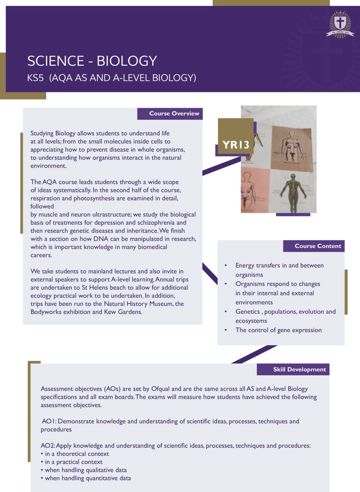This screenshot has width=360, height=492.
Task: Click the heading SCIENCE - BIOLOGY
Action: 92,61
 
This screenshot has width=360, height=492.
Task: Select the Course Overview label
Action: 170,114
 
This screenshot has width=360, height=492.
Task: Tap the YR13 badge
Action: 236,145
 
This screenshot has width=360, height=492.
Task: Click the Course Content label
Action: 314,246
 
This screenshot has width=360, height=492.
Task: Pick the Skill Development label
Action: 293,369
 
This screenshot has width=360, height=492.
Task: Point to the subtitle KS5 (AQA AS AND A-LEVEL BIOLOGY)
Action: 112,78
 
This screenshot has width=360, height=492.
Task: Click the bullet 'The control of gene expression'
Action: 278,330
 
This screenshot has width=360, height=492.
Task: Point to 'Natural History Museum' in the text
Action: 149,304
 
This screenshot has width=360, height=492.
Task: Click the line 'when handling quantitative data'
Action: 88,478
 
